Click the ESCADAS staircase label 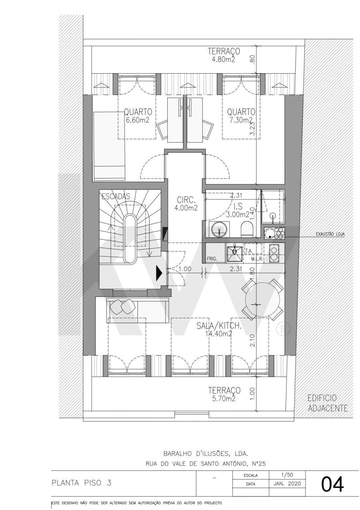coord(116,196)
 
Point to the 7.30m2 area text coord(240,120)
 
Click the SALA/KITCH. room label coord(219,326)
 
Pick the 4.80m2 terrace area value coord(223,60)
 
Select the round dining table coord(262,299)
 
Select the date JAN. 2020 coord(288,484)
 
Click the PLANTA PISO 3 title coord(81,482)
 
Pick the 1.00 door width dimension coord(184,269)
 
